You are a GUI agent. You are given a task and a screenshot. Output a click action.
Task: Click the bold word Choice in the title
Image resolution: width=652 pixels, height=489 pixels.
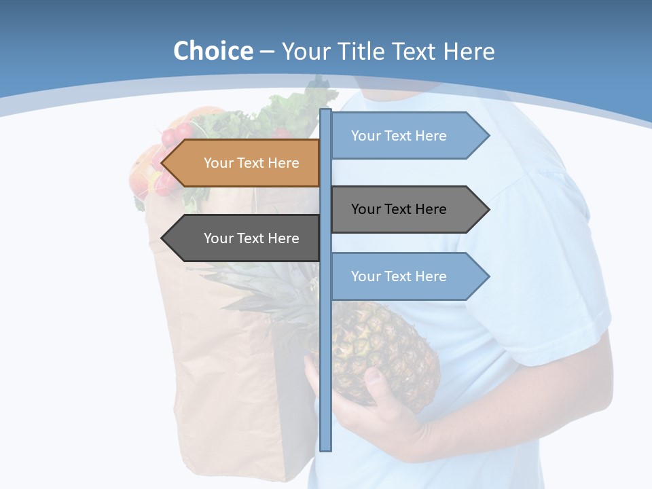click(x=213, y=52)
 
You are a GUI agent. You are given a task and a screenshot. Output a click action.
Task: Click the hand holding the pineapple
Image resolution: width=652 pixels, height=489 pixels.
click(x=380, y=401)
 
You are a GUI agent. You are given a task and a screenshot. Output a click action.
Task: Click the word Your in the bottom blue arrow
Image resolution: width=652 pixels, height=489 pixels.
click(x=365, y=276)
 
